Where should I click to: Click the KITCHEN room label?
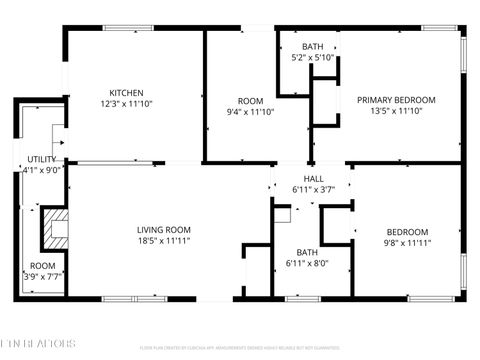tap(127, 92)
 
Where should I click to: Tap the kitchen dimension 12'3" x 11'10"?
tap(127, 103)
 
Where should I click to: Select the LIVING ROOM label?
tap(163, 230)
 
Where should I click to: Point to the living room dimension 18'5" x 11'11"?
tap(163, 241)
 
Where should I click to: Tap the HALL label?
tap(313, 178)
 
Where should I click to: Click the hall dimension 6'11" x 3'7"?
tap(313, 189)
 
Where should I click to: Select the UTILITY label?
tap(41, 159)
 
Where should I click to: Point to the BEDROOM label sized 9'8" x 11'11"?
tap(406, 232)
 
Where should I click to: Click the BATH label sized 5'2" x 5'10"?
tap(313, 47)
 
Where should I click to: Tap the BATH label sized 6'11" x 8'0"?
tap(307, 252)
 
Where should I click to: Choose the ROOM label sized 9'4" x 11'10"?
tap(250, 100)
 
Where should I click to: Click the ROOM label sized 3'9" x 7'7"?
tap(41, 266)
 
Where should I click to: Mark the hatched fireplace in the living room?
tap(56, 229)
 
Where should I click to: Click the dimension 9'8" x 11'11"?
tap(406, 243)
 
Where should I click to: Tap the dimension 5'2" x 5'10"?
tap(313, 58)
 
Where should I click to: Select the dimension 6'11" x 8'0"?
tap(307, 263)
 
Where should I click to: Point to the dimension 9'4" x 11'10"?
tap(250, 112)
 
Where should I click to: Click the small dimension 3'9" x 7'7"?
tap(41, 277)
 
